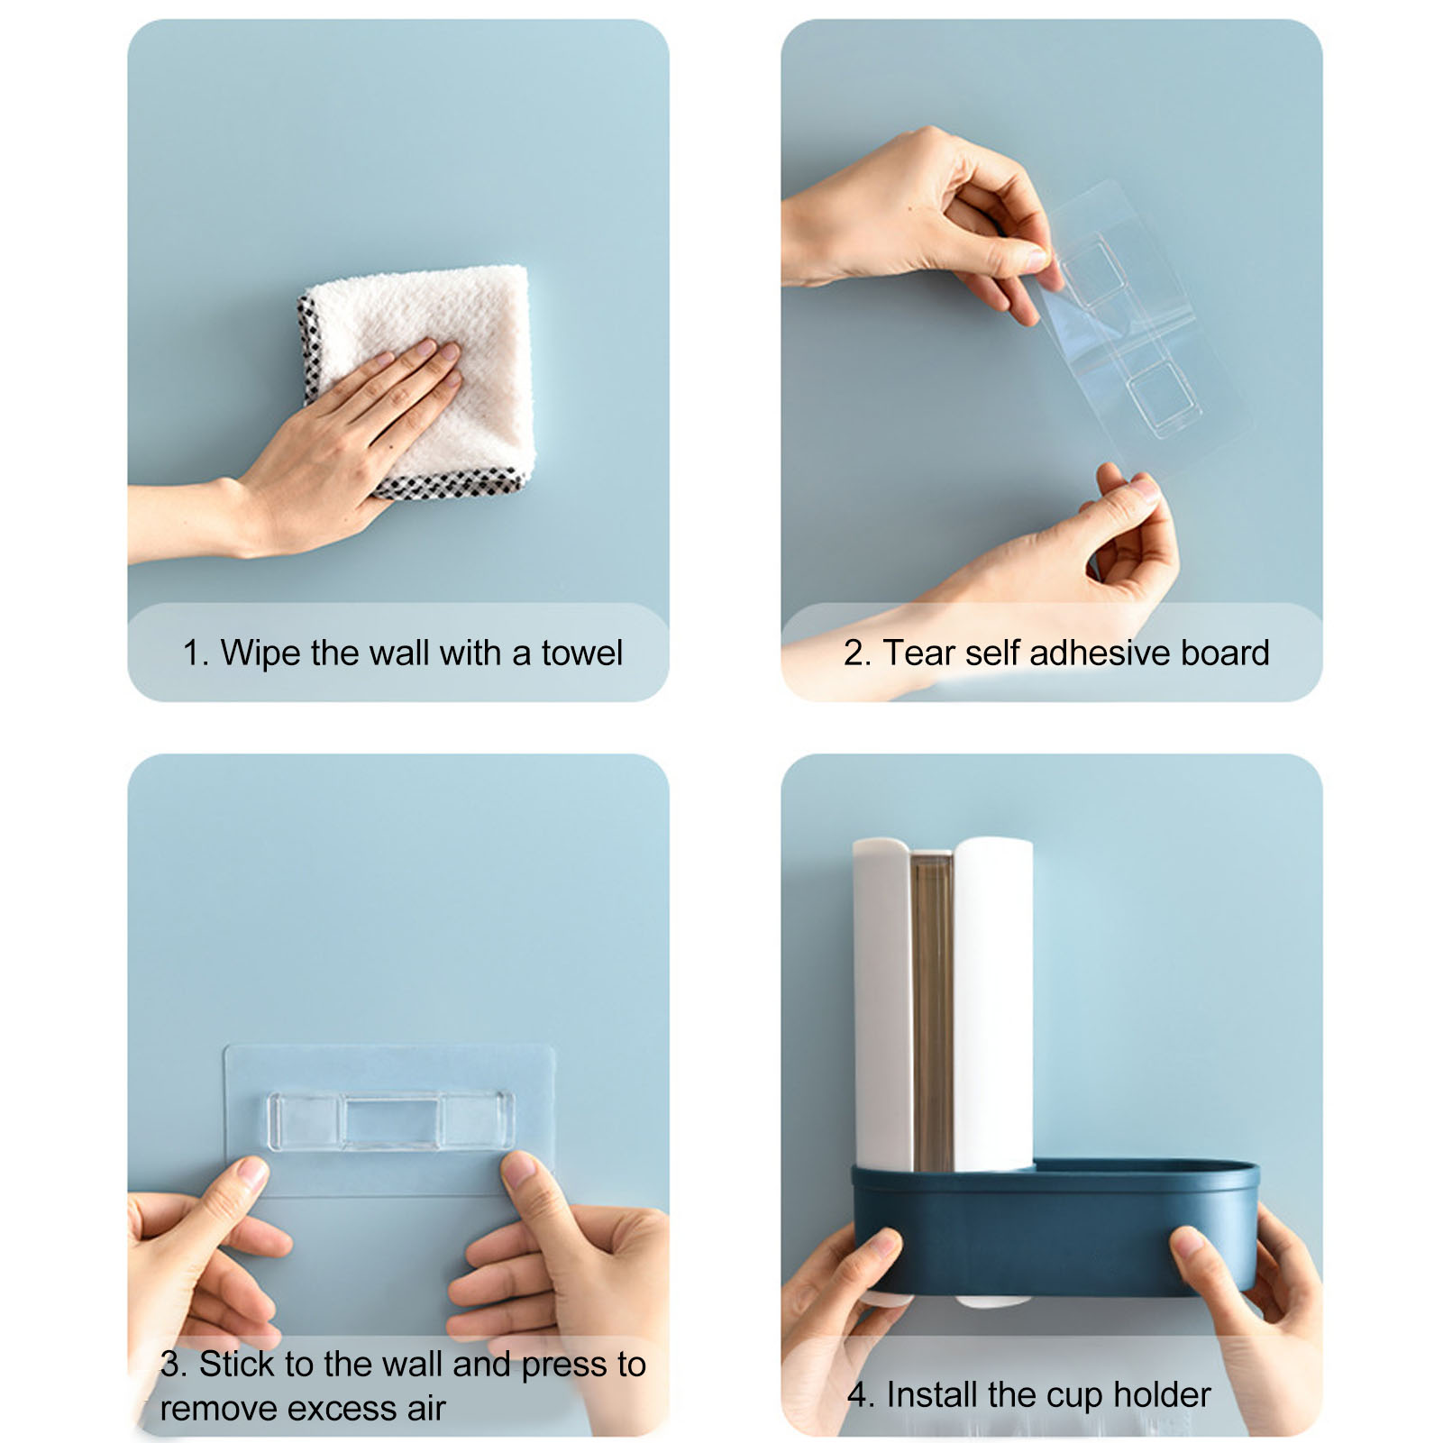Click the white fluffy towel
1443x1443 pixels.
click(424, 370)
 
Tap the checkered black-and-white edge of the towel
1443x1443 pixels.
click(451, 484)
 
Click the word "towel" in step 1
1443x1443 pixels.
click(581, 653)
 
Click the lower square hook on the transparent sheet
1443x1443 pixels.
click(1164, 398)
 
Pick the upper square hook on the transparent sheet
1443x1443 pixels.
click(1093, 270)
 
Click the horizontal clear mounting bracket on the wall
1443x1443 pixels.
click(391, 1121)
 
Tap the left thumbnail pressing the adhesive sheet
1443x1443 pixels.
click(251, 1173)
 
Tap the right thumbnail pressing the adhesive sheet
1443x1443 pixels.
click(519, 1169)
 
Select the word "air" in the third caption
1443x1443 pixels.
click(425, 1408)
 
